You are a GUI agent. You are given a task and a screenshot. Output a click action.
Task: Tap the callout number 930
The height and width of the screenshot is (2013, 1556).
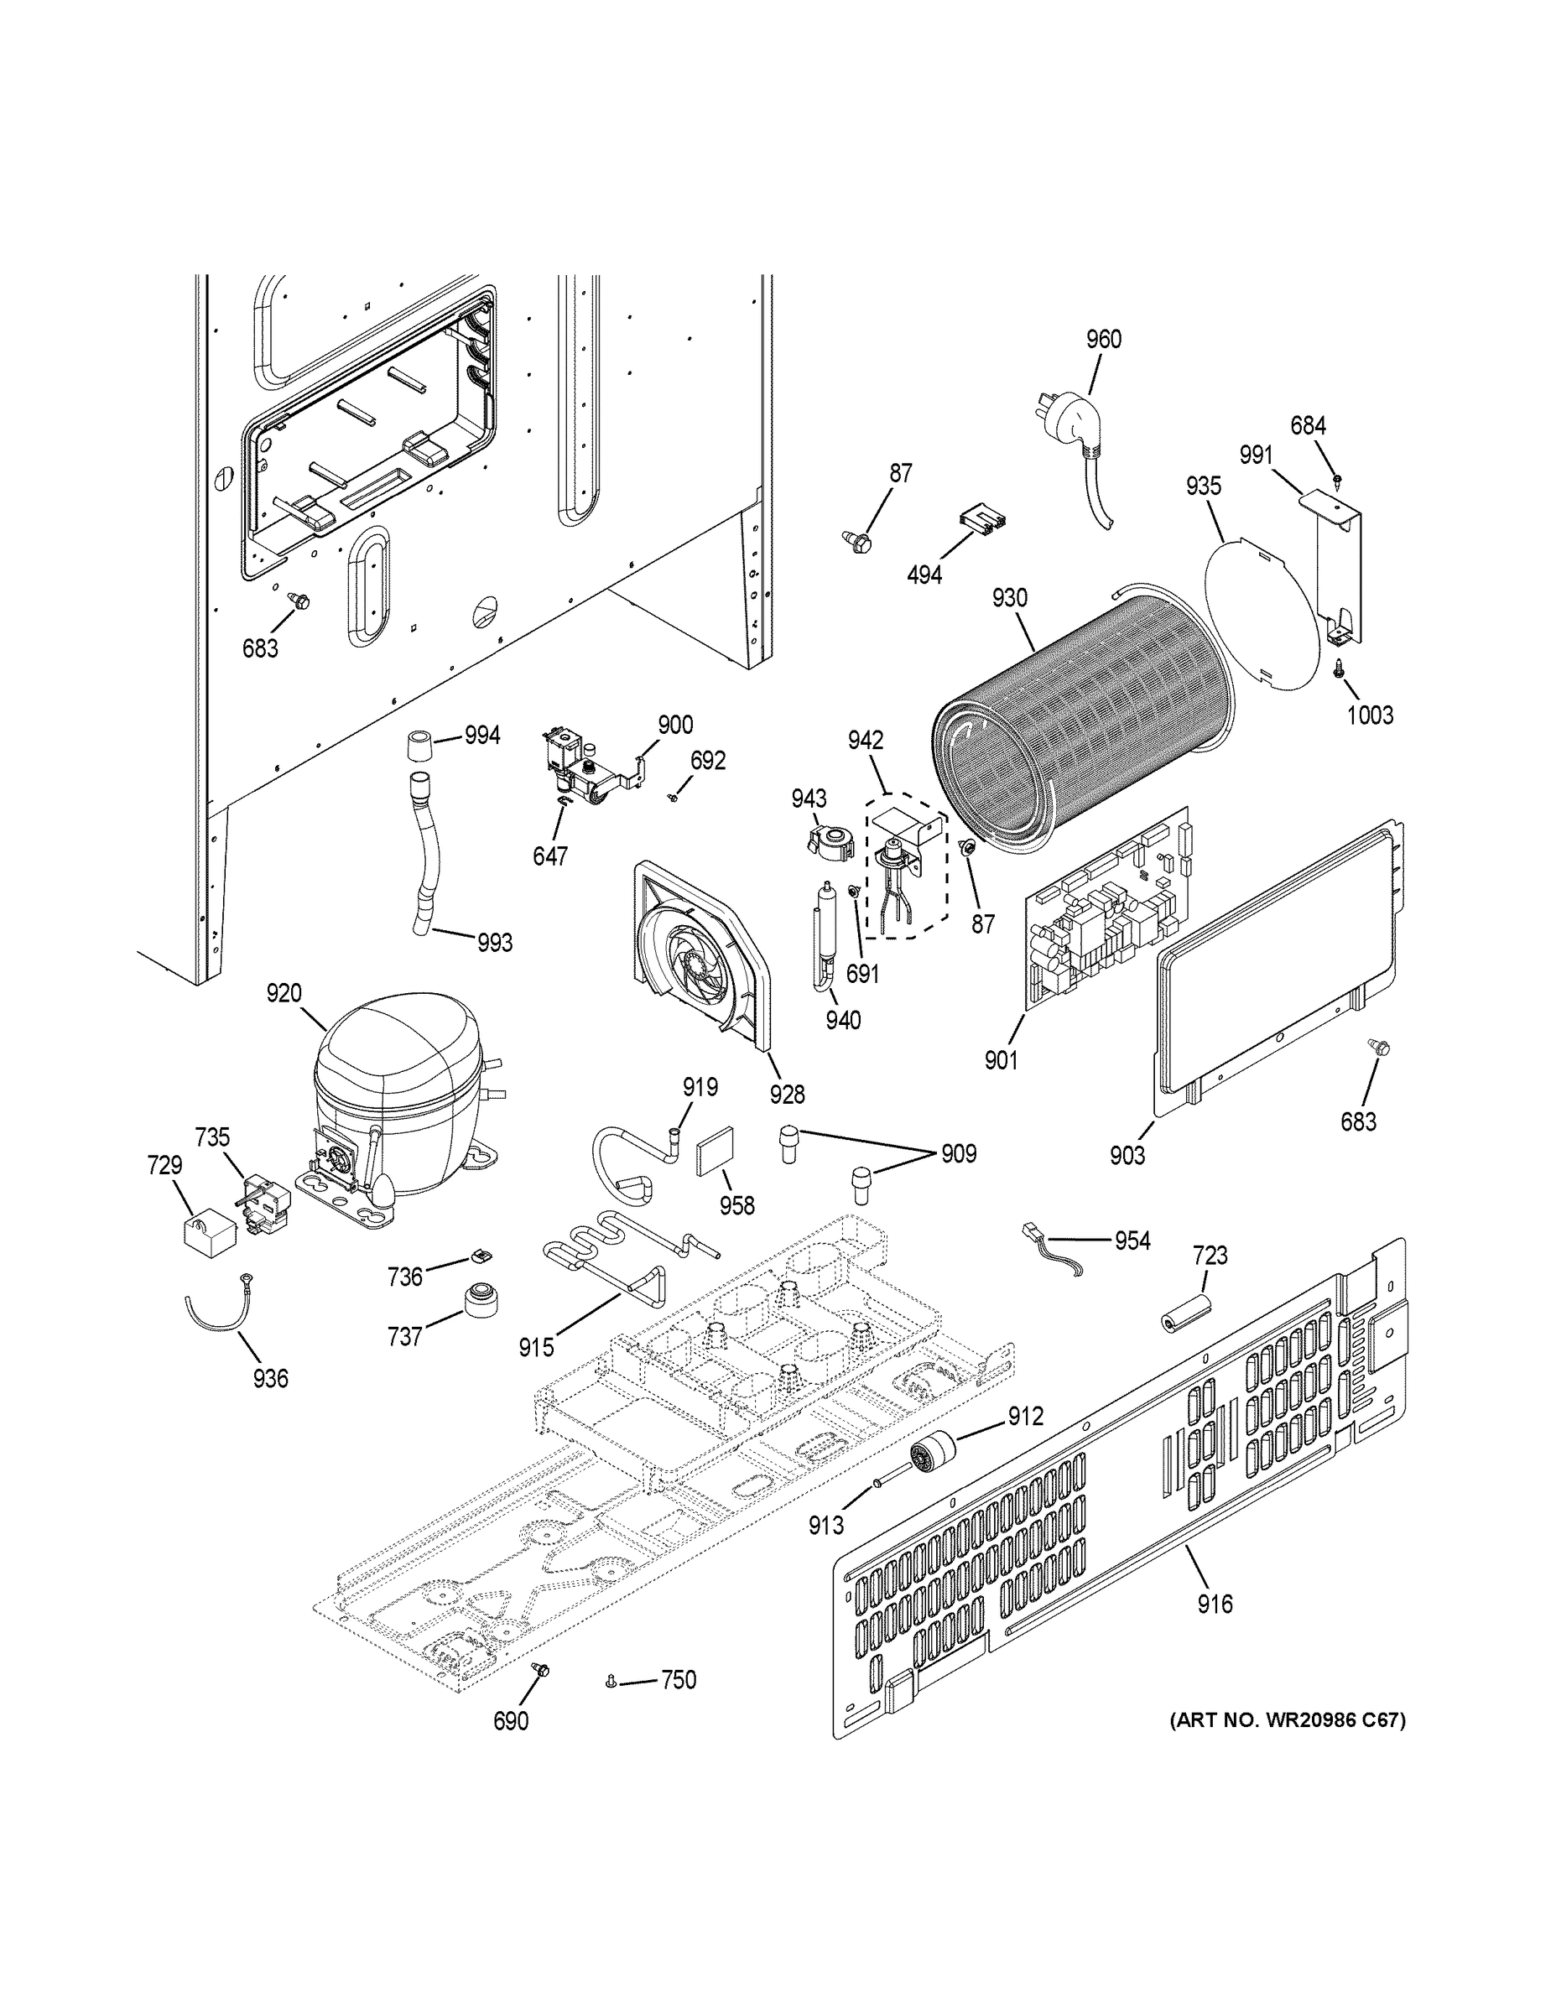click(x=1009, y=598)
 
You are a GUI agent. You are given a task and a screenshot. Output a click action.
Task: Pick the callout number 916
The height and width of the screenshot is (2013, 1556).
click(x=1214, y=1605)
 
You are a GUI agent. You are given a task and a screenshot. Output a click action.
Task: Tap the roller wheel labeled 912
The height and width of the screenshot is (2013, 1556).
click(x=932, y=1457)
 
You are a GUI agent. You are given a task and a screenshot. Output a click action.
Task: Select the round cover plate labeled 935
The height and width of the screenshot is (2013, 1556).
click(x=1263, y=613)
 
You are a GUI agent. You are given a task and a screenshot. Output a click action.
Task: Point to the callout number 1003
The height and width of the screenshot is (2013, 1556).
click(x=1370, y=715)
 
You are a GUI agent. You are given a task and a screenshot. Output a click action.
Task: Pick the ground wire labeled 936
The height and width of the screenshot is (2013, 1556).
click(x=216, y=1308)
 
